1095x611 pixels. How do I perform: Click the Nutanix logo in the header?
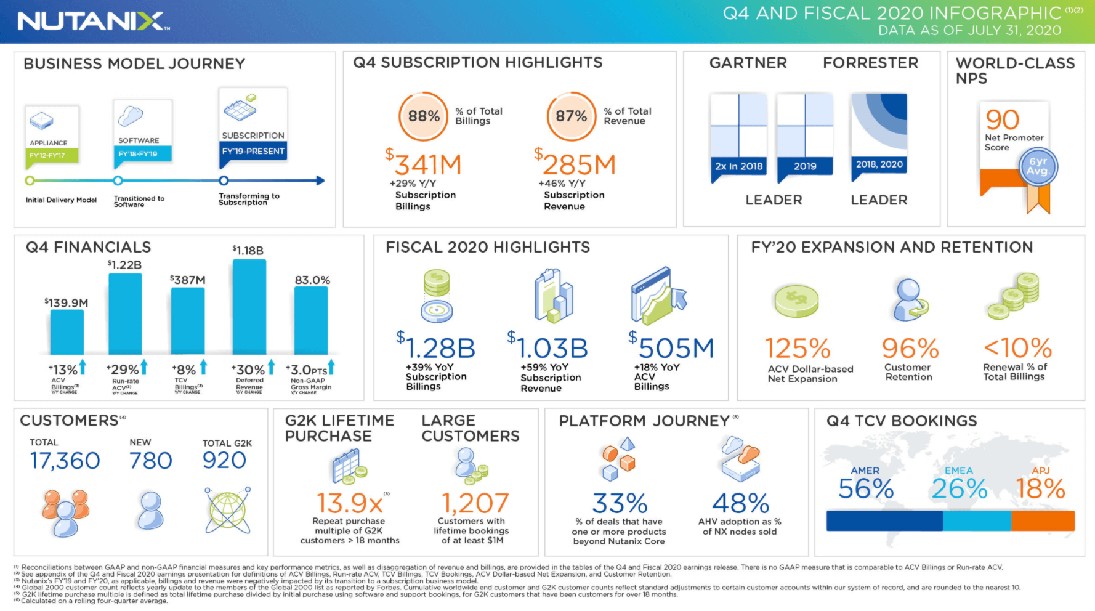click(x=92, y=22)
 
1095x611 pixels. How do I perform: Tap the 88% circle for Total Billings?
click(x=424, y=116)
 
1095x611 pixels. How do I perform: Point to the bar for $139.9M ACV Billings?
click(x=67, y=332)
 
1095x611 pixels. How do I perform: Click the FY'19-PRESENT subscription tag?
click(x=253, y=151)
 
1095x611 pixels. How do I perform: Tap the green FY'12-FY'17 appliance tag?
click(x=52, y=155)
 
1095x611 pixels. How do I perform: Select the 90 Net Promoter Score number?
click(x=1003, y=119)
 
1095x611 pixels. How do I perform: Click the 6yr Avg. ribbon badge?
click(x=1038, y=167)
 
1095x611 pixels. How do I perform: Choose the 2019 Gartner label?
click(x=805, y=166)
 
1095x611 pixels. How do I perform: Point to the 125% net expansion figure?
click(x=798, y=349)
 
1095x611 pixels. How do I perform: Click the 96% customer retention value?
click(x=910, y=349)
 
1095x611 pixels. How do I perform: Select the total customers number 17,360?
click(x=65, y=461)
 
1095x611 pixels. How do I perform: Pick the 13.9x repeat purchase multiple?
click(x=349, y=504)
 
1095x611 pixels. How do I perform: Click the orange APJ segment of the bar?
click(x=1043, y=521)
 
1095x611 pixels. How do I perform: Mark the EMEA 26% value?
click(x=959, y=489)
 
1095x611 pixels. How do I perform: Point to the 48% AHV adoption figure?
click(x=741, y=504)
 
